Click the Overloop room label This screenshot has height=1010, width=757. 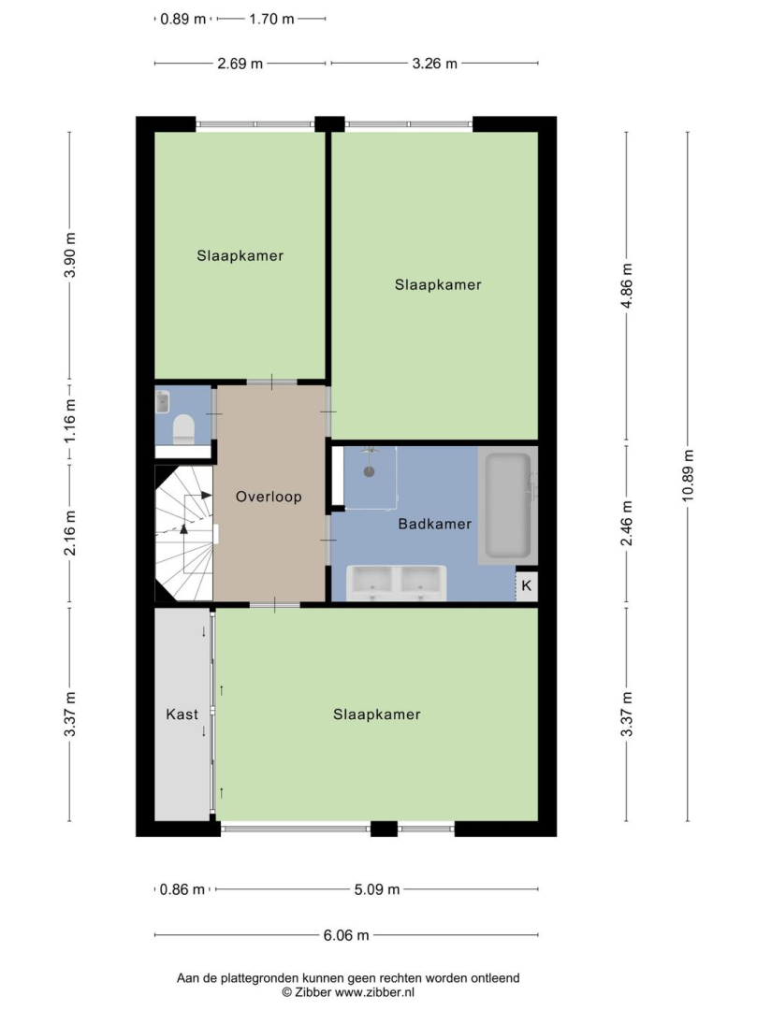(269, 497)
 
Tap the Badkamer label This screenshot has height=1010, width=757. (435, 524)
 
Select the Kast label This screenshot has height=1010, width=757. (182, 714)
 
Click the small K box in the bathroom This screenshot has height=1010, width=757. (527, 585)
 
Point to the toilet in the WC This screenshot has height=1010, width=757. (183, 428)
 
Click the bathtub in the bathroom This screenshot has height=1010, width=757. (508, 506)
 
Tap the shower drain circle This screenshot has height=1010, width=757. (370, 471)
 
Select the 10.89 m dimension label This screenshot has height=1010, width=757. (688, 475)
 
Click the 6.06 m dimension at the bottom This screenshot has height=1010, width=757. (346, 934)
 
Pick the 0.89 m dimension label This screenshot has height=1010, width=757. (183, 19)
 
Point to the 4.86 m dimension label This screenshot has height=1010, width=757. (627, 285)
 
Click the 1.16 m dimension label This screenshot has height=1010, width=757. (69, 421)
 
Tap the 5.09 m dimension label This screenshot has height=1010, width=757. (377, 889)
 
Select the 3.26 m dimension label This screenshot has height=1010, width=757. (435, 64)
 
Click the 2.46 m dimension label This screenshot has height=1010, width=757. (627, 523)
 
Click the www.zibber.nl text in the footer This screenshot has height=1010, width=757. (374, 992)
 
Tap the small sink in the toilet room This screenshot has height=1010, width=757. (163, 402)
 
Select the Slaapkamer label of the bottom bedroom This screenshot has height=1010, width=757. (377, 714)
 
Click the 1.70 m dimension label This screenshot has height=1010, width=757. (272, 19)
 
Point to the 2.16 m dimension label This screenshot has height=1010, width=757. (69, 533)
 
